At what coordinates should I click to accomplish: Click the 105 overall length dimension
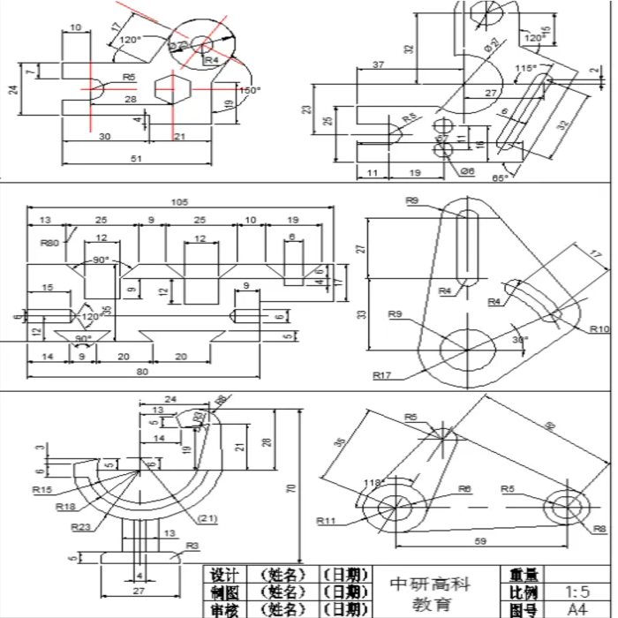(180, 202)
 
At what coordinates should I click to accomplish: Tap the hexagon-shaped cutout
(174, 89)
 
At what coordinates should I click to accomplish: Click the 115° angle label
(525, 67)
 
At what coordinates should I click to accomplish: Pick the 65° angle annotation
(500, 178)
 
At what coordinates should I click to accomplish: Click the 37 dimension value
(379, 65)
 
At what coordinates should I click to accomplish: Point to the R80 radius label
(49, 240)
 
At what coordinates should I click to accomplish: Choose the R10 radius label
(599, 328)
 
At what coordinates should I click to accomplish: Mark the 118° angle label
(374, 482)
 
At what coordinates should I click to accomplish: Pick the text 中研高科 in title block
(430, 584)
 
